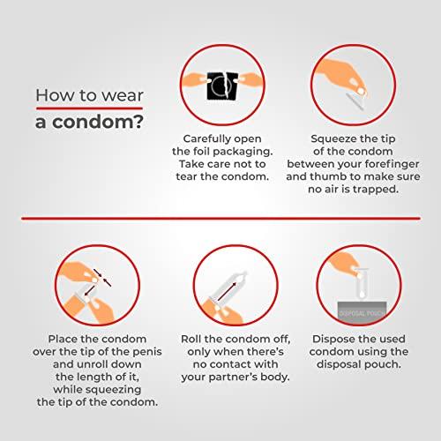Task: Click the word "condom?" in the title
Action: (98, 122)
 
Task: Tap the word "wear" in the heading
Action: (123, 96)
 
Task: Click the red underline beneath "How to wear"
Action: (89, 108)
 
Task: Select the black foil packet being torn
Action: (222, 86)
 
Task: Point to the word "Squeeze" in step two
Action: (330, 139)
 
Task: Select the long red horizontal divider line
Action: (220, 219)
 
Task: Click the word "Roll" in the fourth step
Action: (191, 339)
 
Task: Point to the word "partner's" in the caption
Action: (233, 377)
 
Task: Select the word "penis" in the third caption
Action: (146, 352)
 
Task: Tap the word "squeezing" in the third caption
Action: (113, 390)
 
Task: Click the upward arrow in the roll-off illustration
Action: (227, 292)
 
